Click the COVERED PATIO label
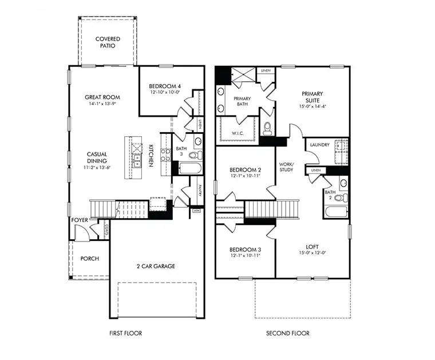click(108, 42)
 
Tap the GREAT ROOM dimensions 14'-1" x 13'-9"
click(102, 104)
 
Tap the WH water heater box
click(196, 211)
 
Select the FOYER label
click(79, 220)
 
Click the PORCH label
click(89, 259)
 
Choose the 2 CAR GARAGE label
click(155, 266)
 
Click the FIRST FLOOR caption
click(125, 333)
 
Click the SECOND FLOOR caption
click(287, 333)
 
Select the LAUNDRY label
click(319, 145)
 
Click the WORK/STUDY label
click(286, 167)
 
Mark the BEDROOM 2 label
click(245, 170)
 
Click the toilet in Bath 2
click(338, 198)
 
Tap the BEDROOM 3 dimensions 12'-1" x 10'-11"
click(245, 256)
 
